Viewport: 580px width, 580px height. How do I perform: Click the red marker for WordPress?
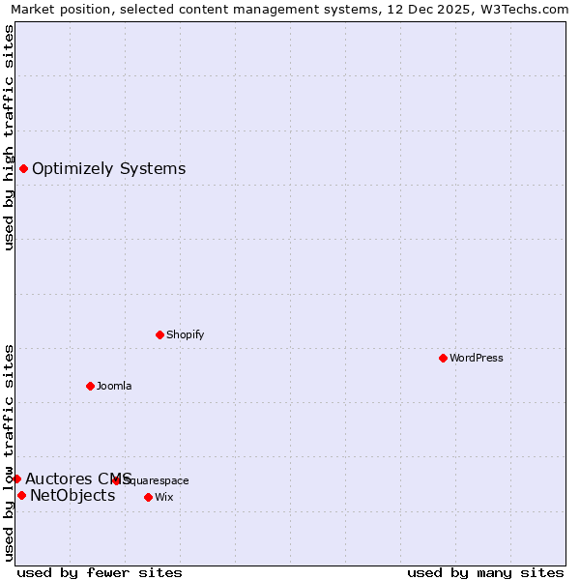(x=443, y=358)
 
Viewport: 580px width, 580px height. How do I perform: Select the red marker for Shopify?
(x=159, y=334)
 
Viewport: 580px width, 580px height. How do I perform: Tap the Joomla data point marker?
(x=90, y=386)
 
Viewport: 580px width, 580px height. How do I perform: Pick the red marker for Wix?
(x=148, y=497)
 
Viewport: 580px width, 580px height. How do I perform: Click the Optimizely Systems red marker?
(x=23, y=169)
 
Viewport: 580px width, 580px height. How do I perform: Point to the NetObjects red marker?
(x=21, y=496)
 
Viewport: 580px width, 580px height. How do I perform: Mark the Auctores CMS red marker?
(x=16, y=478)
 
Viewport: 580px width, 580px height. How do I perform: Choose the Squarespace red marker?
(x=116, y=480)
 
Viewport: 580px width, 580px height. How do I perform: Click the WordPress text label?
(x=477, y=358)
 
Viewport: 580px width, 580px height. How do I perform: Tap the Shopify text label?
(x=186, y=334)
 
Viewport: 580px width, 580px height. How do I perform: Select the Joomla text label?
(x=114, y=386)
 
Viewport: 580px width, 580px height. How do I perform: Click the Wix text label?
(x=164, y=497)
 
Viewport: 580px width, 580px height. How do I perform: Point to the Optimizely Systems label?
(x=109, y=169)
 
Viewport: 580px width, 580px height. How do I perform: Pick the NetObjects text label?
(x=72, y=496)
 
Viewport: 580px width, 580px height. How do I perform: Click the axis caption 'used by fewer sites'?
(x=100, y=573)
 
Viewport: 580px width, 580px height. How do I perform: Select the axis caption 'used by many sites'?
(x=485, y=573)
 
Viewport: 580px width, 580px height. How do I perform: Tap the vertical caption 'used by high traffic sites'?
(x=9, y=137)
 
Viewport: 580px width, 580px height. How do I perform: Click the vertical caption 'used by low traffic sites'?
(x=9, y=451)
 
